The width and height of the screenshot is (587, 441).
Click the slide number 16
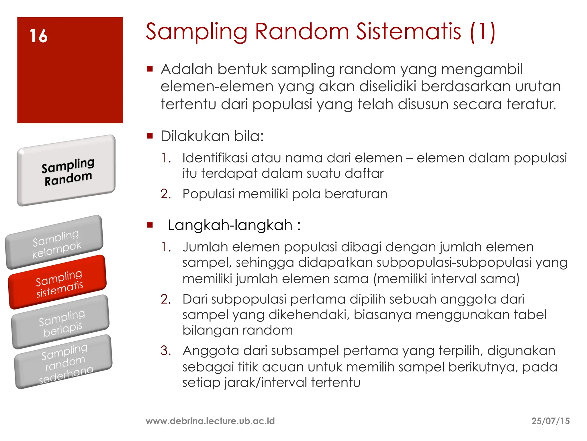click(x=38, y=36)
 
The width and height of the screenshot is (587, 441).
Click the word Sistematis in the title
click(x=408, y=32)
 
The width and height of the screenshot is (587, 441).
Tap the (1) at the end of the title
click(x=483, y=32)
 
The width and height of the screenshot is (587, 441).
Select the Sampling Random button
click(x=67, y=171)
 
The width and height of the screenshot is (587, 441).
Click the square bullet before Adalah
click(x=150, y=69)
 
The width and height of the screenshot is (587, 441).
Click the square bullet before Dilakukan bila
click(x=150, y=136)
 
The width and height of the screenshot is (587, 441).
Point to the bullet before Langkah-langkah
click(x=150, y=225)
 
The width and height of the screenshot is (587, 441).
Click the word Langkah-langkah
click(x=230, y=225)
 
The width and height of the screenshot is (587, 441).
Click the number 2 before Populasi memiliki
click(x=165, y=194)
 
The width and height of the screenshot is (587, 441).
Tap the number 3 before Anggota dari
click(x=165, y=351)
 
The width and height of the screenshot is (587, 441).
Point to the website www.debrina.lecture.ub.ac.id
click(x=210, y=421)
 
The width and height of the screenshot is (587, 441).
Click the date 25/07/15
click(x=550, y=421)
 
